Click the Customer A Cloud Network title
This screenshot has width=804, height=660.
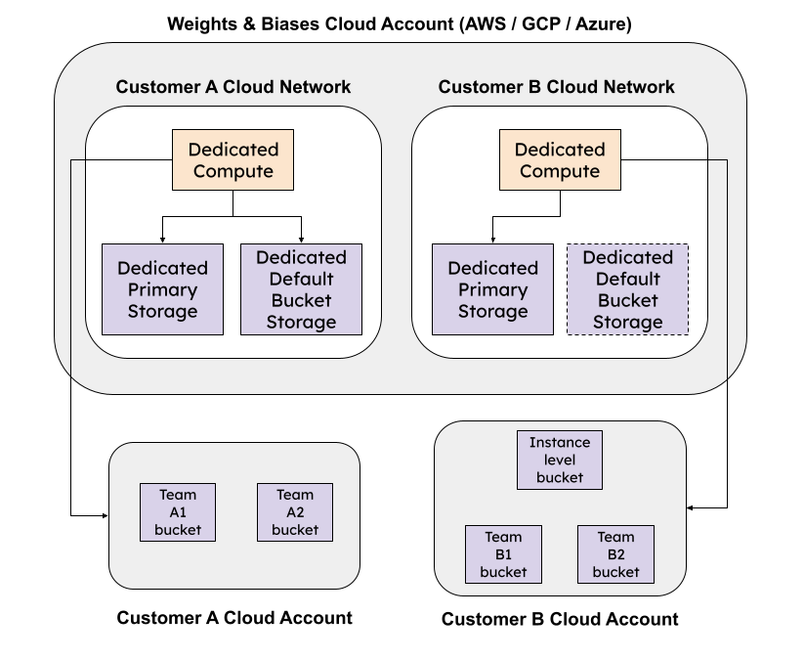pyautogui.click(x=233, y=87)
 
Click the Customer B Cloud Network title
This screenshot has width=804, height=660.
pyautogui.click(x=556, y=87)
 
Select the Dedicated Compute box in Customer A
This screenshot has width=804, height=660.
pyautogui.click(x=233, y=160)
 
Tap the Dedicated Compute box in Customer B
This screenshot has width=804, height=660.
pyautogui.click(x=560, y=160)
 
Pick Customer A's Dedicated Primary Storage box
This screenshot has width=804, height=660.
pyautogui.click(x=163, y=289)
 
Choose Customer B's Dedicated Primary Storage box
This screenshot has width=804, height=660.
pyautogui.click(x=493, y=289)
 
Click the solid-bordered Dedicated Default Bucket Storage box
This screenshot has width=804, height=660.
pyautogui.click(x=301, y=289)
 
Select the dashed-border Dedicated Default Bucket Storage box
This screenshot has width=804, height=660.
pyautogui.click(x=627, y=289)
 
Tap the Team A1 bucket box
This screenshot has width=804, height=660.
pyautogui.click(x=177, y=512)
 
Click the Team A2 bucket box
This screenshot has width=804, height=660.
pyautogui.click(x=295, y=512)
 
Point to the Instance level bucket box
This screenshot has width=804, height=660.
pyautogui.click(x=560, y=460)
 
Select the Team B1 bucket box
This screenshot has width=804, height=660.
pyautogui.click(x=503, y=554)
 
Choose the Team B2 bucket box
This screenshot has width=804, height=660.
pyautogui.click(x=615, y=554)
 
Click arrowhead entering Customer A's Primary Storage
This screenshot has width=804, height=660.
pyautogui.click(x=163, y=239)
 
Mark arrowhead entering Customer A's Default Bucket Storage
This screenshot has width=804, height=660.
pyautogui.click(x=301, y=239)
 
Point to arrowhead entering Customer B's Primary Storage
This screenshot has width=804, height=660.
pyautogui.click(x=493, y=239)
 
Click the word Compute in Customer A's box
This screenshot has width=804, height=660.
pyautogui.click(x=233, y=172)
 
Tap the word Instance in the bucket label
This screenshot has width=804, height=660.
pyautogui.click(x=560, y=442)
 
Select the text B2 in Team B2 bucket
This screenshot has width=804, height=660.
pyautogui.click(x=615, y=554)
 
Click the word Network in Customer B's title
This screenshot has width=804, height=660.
pyautogui.click(x=637, y=87)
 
